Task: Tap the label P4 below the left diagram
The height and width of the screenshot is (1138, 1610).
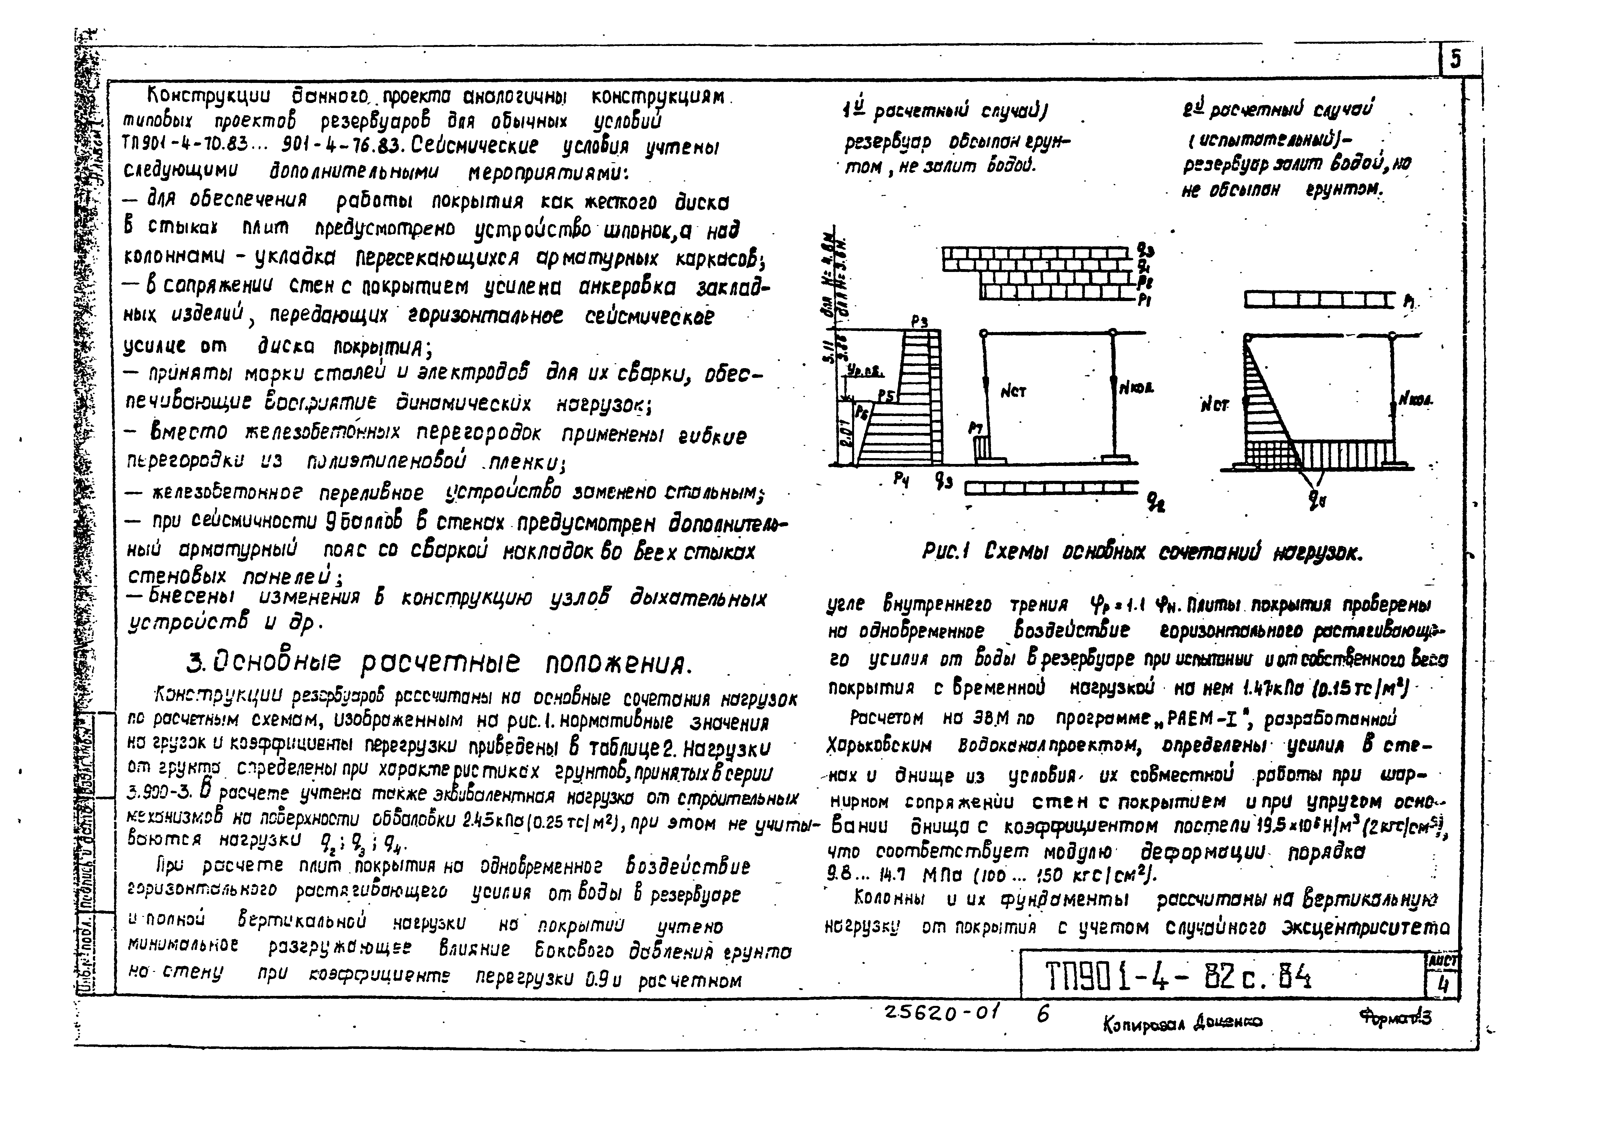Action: pyautogui.click(x=901, y=480)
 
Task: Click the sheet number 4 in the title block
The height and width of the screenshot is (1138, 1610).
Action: pyautogui.click(x=1443, y=985)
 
